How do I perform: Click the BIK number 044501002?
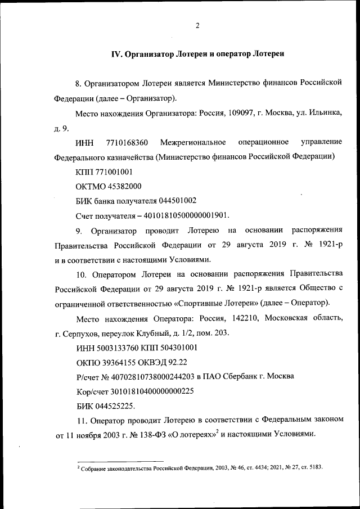175,200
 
